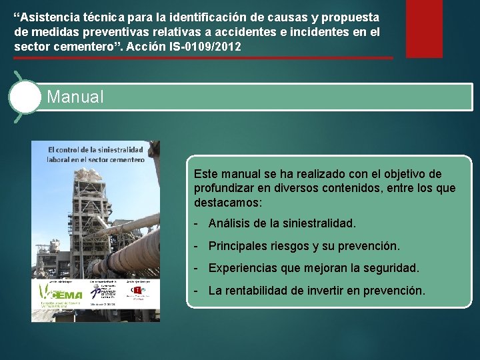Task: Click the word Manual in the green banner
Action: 75,97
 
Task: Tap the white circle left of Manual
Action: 25,97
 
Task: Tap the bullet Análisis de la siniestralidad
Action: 282,223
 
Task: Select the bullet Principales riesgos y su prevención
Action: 303,246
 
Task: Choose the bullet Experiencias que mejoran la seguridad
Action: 313,268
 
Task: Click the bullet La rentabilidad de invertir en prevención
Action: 316,291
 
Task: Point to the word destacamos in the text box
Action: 227,201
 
